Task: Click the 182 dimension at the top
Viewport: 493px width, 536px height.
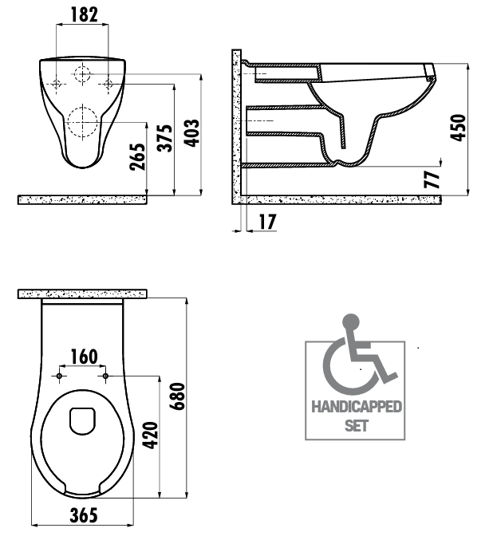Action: (x=84, y=14)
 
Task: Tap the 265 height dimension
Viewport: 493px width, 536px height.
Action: (x=137, y=157)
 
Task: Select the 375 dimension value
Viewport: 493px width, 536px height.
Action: (x=165, y=138)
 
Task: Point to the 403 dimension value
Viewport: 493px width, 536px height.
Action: (x=192, y=133)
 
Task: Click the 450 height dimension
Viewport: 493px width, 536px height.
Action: (x=458, y=127)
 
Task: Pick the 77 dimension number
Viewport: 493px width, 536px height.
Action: (x=432, y=179)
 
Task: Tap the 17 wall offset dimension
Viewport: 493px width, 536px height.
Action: (x=267, y=222)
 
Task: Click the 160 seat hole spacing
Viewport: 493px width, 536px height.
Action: (x=84, y=357)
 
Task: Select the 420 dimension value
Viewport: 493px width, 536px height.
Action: (x=151, y=436)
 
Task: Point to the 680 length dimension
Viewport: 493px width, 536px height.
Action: (x=178, y=396)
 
